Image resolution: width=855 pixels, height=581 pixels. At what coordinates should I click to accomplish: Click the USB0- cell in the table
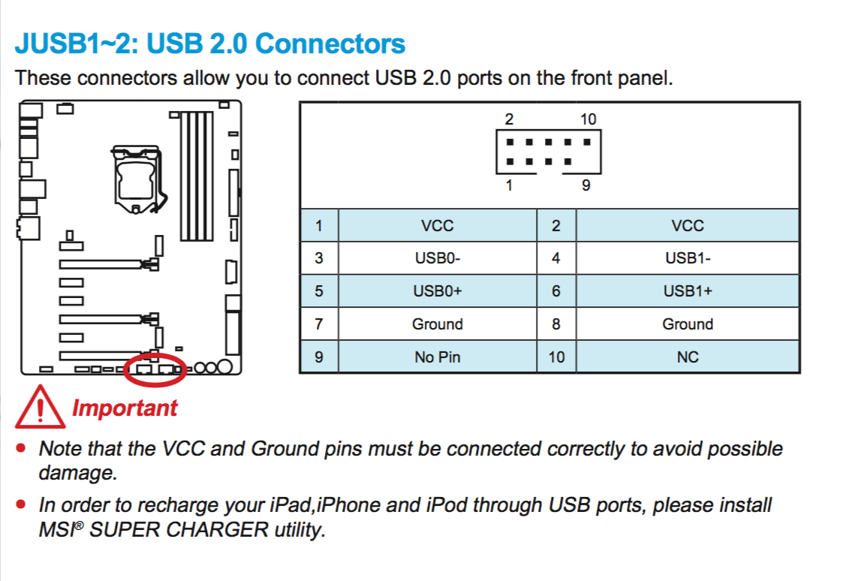tap(437, 258)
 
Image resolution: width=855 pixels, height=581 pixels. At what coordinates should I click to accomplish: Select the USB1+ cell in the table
tap(688, 291)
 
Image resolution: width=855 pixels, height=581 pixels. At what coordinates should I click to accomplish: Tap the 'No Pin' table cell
tap(437, 357)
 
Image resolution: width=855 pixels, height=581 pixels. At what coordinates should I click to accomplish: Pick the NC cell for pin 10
tap(688, 357)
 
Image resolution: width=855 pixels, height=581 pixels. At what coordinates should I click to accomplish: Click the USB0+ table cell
tap(437, 291)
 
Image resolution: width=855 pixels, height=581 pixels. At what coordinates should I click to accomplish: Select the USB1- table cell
tap(688, 258)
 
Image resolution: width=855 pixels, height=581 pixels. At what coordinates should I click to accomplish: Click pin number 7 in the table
tap(319, 324)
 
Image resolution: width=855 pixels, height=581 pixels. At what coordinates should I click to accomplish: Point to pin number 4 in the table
tap(556, 258)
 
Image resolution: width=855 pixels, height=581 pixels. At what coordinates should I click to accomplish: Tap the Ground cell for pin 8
tap(688, 324)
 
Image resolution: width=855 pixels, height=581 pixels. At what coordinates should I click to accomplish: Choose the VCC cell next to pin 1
tap(437, 225)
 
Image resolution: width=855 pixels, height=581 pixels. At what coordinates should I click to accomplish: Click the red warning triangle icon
tap(41, 408)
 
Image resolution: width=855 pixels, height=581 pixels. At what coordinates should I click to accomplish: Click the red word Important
tap(125, 408)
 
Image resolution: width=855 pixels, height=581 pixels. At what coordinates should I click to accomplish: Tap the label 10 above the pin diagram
tap(588, 119)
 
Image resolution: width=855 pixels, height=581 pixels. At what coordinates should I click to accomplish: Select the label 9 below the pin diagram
tap(586, 185)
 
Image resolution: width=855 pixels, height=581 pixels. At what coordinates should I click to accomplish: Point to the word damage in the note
tap(77, 473)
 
